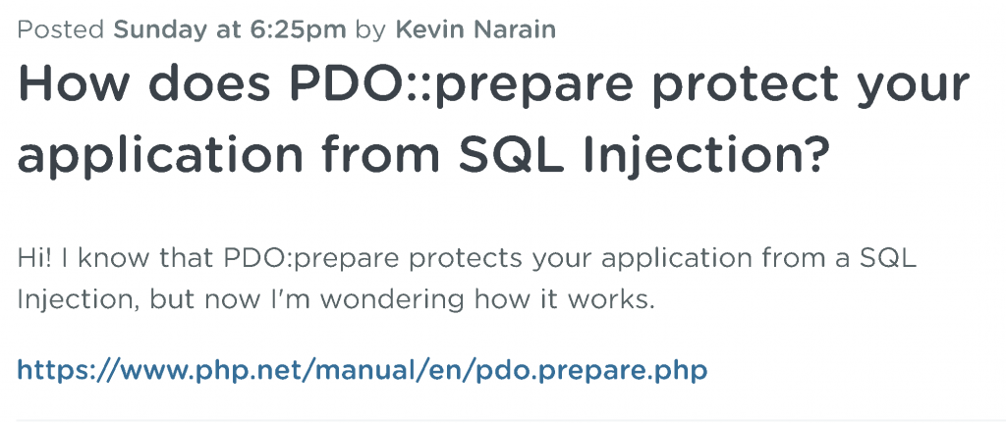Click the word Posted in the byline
click(x=61, y=29)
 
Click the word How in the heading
click(x=71, y=84)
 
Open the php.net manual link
click(x=362, y=370)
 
